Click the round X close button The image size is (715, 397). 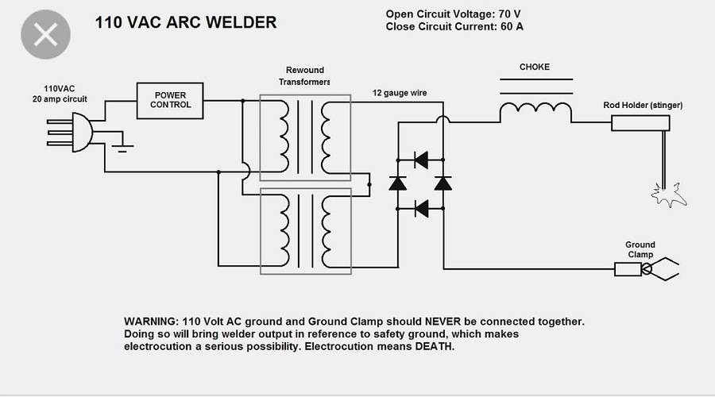(x=45, y=36)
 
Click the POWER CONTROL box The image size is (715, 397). (x=170, y=100)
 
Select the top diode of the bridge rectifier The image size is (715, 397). (x=421, y=160)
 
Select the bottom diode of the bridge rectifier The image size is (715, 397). (x=421, y=209)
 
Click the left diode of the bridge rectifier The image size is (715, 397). (x=398, y=183)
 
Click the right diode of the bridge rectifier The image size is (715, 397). (x=443, y=183)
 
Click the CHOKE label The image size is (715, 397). (x=535, y=67)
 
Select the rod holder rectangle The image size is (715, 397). (x=640, y=123)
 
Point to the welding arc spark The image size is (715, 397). (x=666, y=194)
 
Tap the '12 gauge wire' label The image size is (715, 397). (x=400, y=93)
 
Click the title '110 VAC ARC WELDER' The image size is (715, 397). (x=186, y=22)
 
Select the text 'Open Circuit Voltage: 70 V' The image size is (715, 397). (x=454, y=14)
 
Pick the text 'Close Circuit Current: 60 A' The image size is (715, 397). (x=454, y=26)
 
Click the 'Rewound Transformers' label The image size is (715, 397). (x=305, y=76)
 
